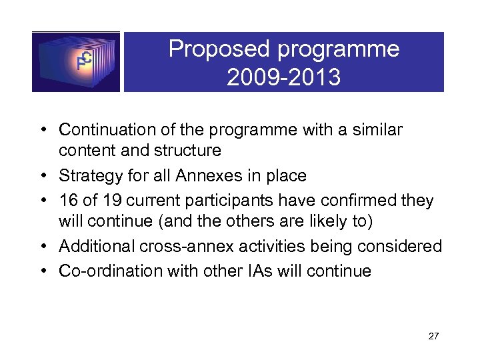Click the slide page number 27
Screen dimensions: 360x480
pos(433,336)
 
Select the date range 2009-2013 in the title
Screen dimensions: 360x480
pos(283,77)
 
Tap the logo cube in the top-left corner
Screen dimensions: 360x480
pos(76,61)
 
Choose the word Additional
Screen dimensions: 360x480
pos(96,247)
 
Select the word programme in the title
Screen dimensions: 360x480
pos(340,49)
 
